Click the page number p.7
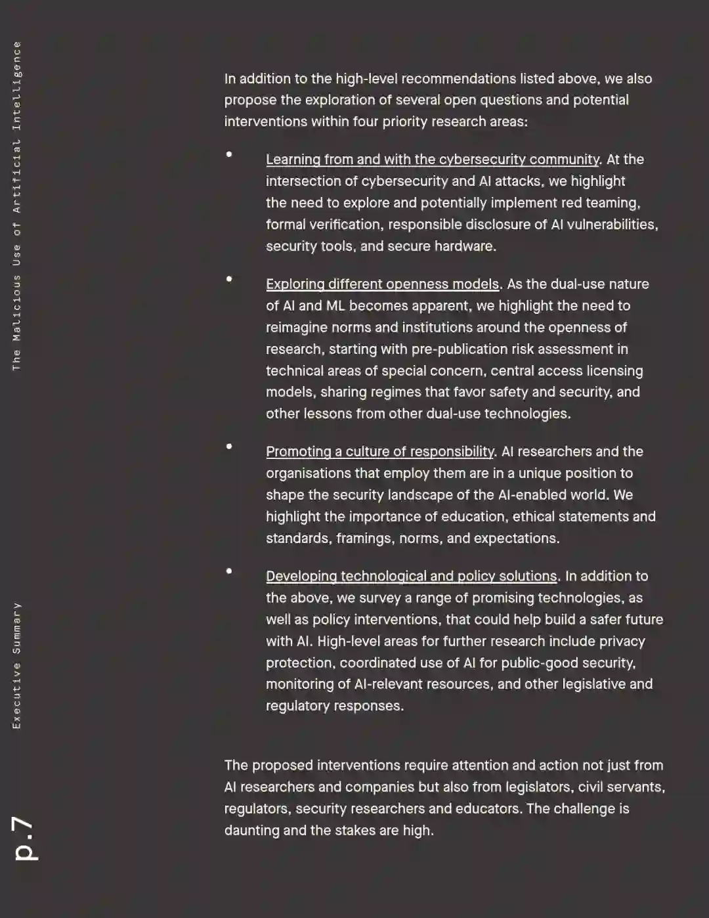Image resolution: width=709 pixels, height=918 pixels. point(26,838)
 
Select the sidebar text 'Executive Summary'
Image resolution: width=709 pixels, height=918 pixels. point(17,665)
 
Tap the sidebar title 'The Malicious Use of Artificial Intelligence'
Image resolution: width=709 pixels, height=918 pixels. point(17,206)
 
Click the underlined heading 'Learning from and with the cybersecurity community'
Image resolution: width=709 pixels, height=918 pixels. point(433,160)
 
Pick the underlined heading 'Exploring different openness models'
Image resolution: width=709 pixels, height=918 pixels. point(382,284)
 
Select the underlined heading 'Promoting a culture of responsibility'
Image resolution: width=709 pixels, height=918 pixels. point(379,452)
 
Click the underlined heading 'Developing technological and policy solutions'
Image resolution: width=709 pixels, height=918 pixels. point(411,577)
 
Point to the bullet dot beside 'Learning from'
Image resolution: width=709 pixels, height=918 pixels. point(229,154)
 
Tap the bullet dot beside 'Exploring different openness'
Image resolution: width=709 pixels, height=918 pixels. point(229,279)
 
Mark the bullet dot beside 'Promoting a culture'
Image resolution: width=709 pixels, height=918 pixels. point(229,447)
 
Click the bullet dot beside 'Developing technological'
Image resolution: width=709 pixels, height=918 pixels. point(229,571)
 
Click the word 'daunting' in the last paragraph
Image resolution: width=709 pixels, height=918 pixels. point(251,831)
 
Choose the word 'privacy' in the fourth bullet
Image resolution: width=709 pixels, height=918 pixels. point(622,642)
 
